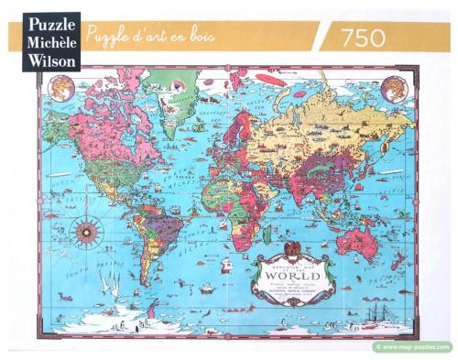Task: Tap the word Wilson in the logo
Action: pos(44,58)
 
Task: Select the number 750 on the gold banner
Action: pos(367,38)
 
